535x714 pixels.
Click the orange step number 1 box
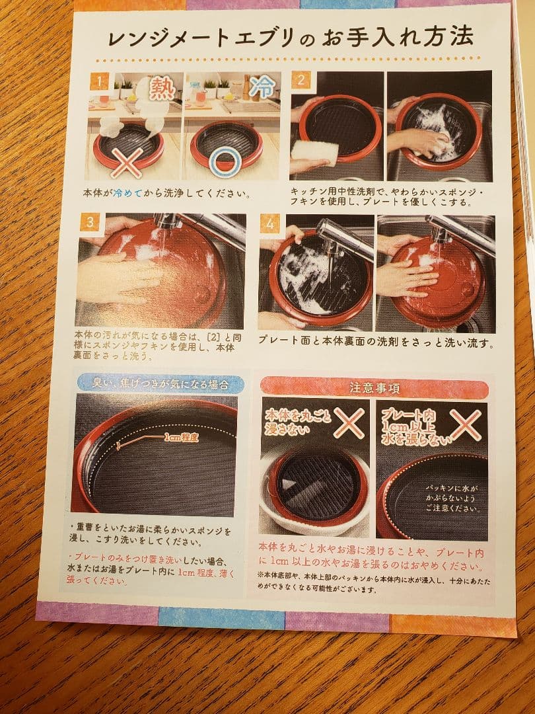click(x=98, y=81)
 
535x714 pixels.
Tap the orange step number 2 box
click(x=301, y=81)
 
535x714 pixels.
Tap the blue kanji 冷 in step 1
click(x=266, y=87)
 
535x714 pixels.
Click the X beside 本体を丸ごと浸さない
click(x=348, y=422)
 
